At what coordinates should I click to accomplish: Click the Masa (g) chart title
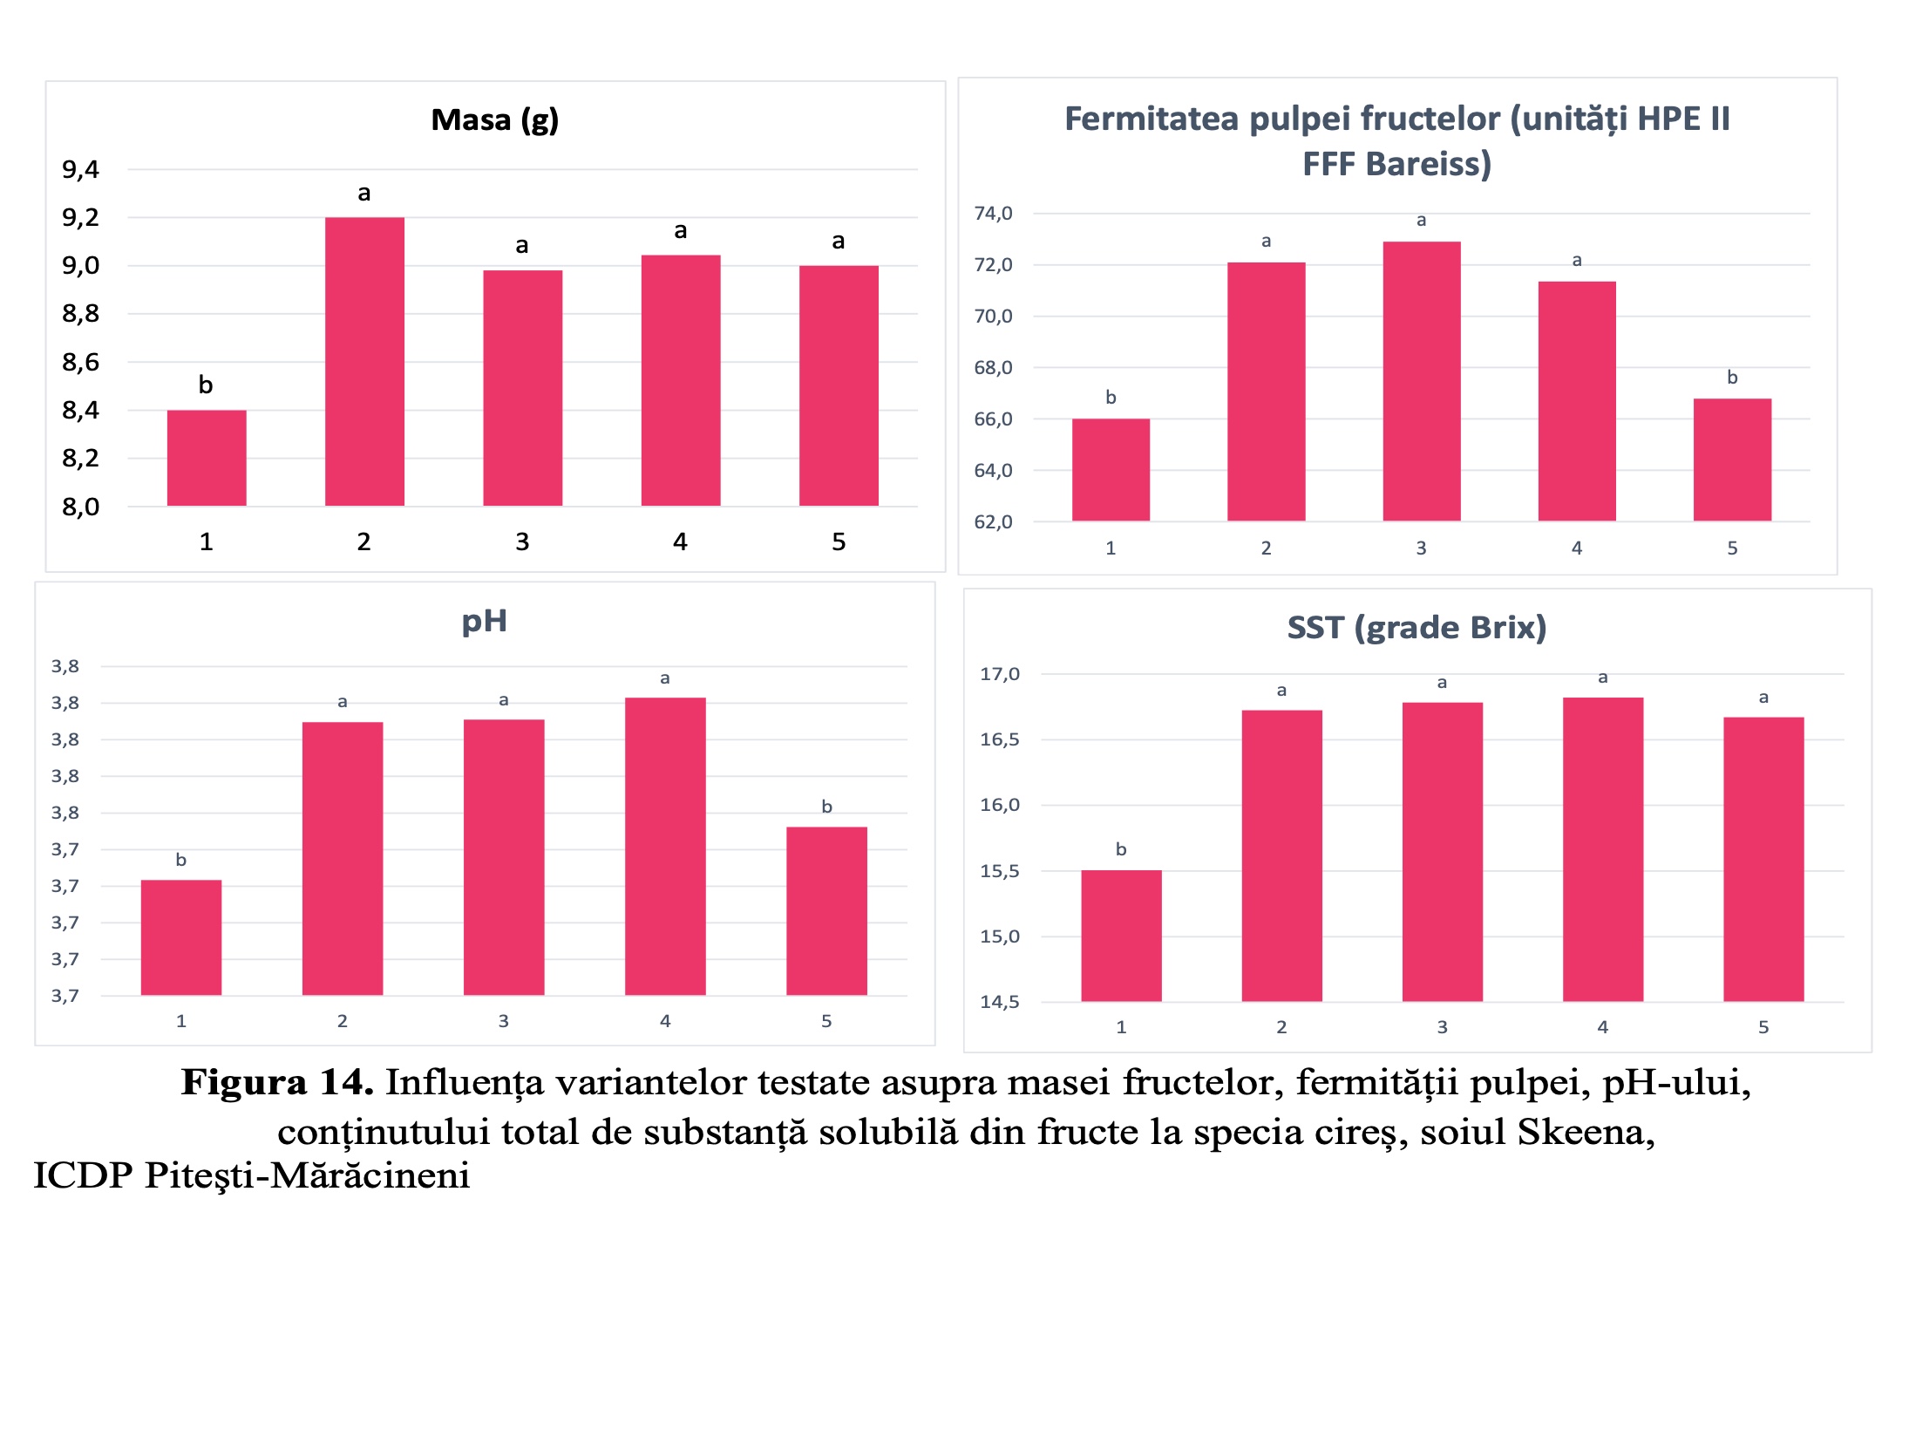pos(494,120)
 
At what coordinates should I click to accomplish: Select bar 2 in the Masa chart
pos(364,361)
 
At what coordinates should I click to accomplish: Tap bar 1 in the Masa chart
pos(207,457)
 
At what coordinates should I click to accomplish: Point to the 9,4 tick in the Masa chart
pos(80,170)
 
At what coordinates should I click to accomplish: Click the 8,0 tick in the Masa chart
pos(80,507)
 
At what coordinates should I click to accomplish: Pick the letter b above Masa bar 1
pos(206,385)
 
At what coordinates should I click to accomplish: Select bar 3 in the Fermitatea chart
pos(1421,381)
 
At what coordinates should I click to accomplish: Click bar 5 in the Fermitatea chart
pos(1732,460)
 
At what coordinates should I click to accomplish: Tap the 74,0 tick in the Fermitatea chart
pos(993,214)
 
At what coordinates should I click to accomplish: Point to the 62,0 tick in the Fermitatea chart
pos(993,522)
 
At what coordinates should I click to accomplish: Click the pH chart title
pos(484,621)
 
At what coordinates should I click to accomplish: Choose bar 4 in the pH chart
pos(665,846)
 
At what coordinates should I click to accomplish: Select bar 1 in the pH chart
pos(181,937)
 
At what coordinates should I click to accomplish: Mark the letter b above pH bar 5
pos(826,807)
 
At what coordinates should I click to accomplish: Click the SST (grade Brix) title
pos(1416,628)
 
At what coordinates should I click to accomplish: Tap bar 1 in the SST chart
pos(1121,936)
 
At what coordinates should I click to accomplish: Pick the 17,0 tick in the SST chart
pos(1000,674)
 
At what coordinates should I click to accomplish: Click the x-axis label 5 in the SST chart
pos(1763,1027)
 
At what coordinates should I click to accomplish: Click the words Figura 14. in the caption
pos(277,1083)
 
